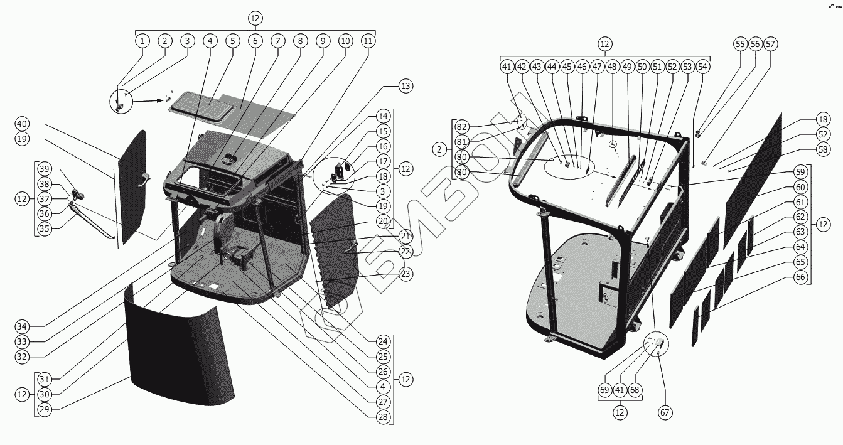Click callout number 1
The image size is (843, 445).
[x=142, y=41]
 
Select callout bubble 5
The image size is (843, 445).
[x=232, y=41]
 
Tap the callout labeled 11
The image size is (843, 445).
[x=368, y=41]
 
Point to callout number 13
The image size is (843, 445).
[x=405, y=87]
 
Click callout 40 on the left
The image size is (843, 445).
[x=22, y=124]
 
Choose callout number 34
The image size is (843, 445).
[x=22, y=326]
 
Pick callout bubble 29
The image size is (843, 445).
[x=44, y=409]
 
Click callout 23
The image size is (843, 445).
[x=405, y=274]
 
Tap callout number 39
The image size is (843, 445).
[x=44, y=169]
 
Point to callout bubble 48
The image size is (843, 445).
[x=612, y=67]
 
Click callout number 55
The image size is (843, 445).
[x=740, y=44]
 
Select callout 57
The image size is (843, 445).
[x=770, y=44]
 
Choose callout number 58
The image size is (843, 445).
[x=805, y=150]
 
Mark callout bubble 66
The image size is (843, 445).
[x=800, y=277]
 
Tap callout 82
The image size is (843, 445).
[x=463, y=126]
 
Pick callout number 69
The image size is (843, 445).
[x=604, y=390]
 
